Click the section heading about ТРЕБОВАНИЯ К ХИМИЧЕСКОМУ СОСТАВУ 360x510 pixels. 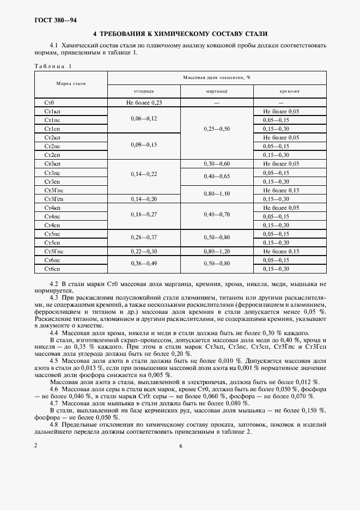pos(180,34)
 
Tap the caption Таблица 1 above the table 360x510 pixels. pos(53,66)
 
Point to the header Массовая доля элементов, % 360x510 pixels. pos(216,77)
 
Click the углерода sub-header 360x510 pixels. pos(144,92)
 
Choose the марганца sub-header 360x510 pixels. pos(216,92)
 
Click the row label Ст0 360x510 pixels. pos(50,102)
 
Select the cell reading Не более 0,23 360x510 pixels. pos(144,102)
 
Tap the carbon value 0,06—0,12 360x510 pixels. pos(144,119)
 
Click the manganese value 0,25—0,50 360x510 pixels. pos(216,129)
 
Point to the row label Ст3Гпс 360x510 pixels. pos(53,190)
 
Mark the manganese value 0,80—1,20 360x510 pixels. pos(216,251)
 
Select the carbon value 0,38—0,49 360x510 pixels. pos(144,264)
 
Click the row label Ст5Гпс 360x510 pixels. pos(53,251)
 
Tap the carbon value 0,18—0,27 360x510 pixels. pos(144,216)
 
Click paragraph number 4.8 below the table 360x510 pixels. pos(54,423)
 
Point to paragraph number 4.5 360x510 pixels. pos(54,360)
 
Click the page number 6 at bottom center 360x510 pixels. pos(180,446)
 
